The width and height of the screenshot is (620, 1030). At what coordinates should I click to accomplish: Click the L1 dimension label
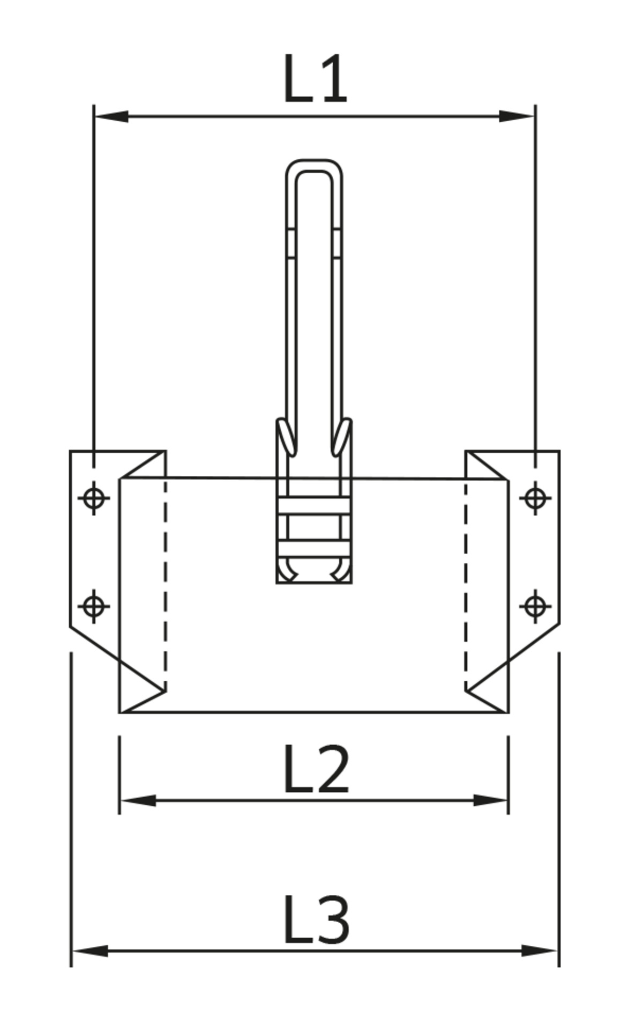tap(315, 79)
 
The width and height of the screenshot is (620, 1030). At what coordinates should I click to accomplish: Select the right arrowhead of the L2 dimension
tap(490, 800)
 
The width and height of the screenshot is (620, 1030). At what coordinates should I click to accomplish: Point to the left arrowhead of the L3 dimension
tap(90, 951)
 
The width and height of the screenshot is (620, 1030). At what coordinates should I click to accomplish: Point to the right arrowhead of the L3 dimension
tap(539, 951)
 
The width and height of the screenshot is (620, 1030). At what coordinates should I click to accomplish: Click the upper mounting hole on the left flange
tap(94, 498)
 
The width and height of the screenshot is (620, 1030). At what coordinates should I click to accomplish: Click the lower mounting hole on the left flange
tap(94, 607)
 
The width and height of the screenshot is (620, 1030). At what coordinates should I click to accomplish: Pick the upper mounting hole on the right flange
tap(535, 498)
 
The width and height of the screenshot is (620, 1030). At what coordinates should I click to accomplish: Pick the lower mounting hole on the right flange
tap(535, 607)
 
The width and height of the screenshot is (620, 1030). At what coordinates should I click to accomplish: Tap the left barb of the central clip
tap(287, 437)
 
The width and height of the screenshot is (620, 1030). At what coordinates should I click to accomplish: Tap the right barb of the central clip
tap(341, 437)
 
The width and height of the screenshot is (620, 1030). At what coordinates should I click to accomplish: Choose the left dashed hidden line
tap(165, 585)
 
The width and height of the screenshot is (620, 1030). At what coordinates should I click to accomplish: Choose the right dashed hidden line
tap(465, 585)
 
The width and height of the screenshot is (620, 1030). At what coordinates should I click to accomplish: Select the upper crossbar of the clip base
tap(314, 506)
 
